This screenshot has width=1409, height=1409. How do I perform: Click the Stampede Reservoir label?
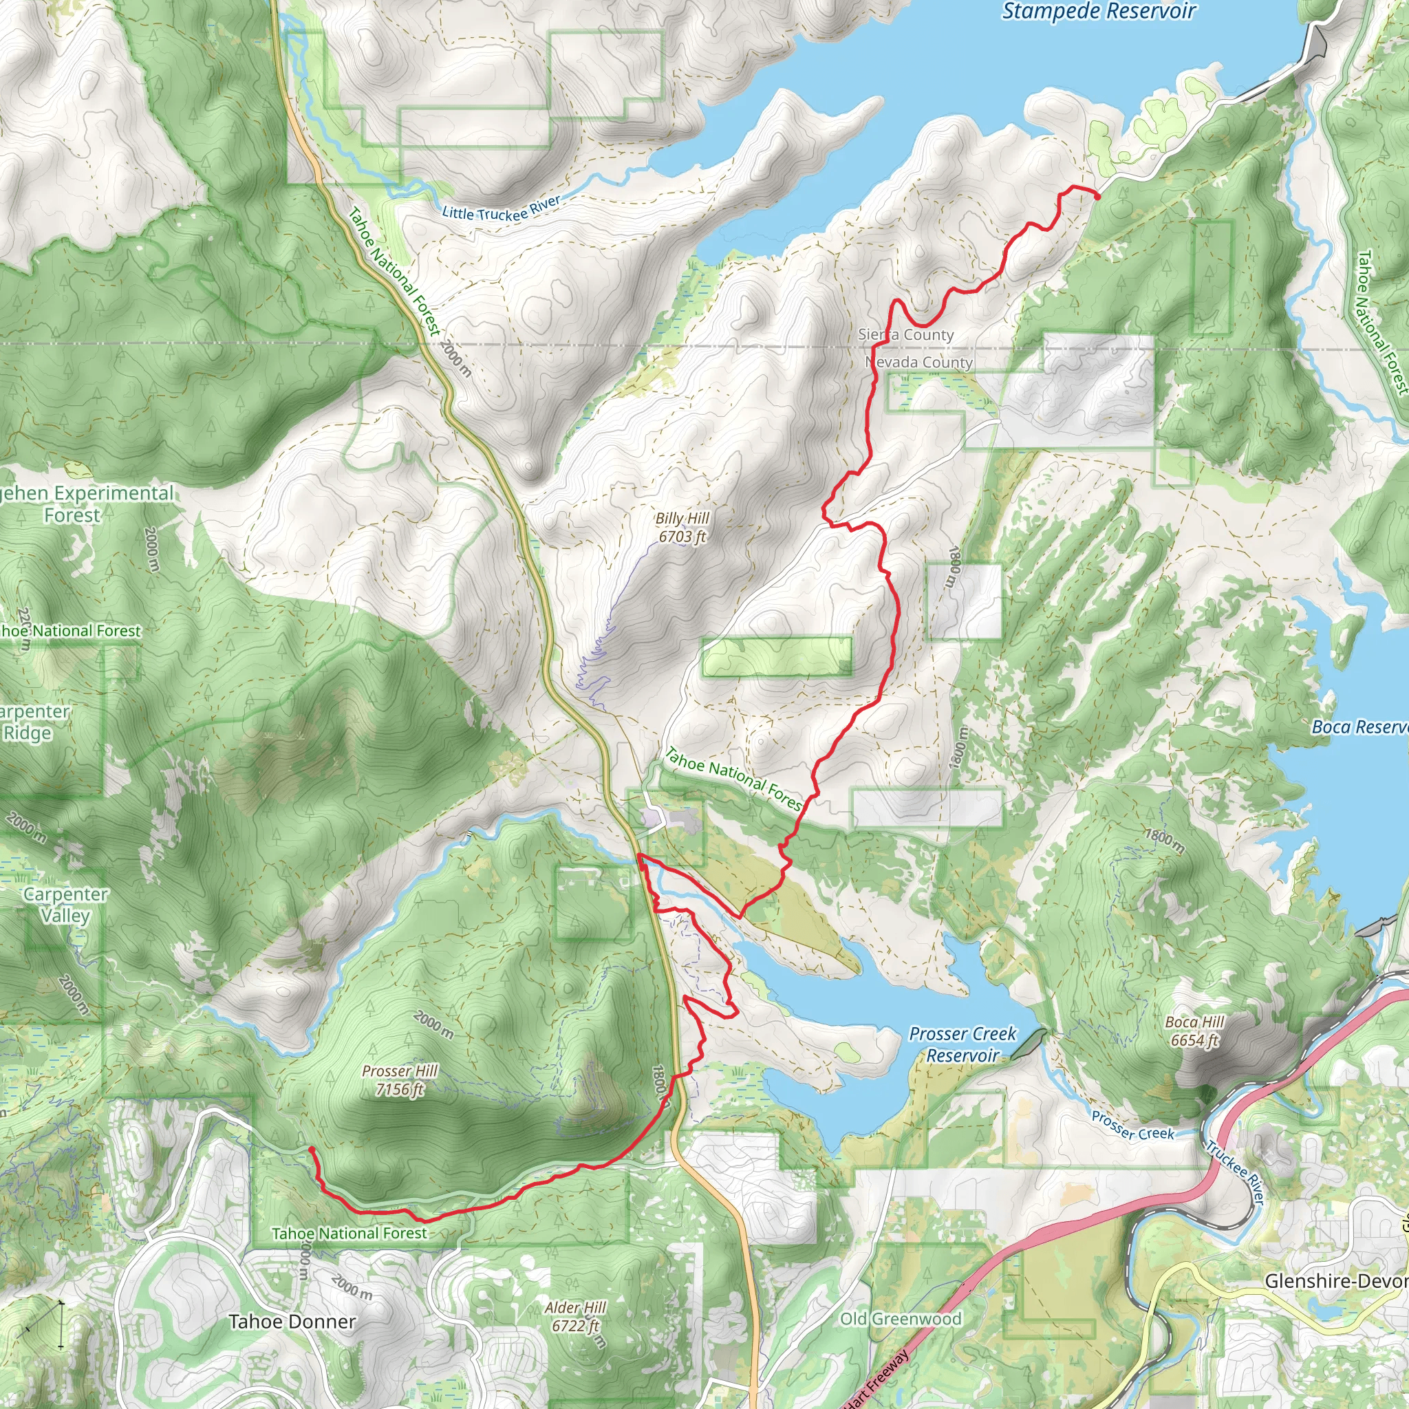1098,12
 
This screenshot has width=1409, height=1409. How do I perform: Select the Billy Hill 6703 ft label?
682,527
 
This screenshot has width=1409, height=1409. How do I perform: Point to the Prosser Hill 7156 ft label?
400,1080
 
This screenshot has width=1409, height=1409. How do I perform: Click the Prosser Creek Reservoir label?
962,1044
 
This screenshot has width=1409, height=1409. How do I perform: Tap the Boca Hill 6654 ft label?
1194,1031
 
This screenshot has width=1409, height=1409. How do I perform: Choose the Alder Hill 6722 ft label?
575,1316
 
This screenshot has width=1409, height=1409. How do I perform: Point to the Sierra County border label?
906,335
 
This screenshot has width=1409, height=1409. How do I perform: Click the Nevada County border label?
919,363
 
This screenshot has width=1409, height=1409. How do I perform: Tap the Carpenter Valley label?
65,904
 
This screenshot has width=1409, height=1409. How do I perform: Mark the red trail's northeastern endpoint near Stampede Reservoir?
1097,194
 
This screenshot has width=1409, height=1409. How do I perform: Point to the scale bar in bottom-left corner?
44,1324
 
